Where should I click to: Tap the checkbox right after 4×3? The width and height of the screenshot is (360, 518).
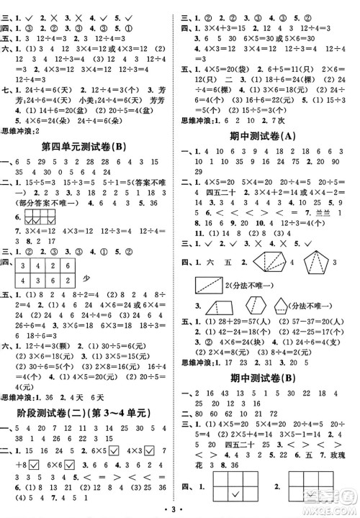pos(148,450)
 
